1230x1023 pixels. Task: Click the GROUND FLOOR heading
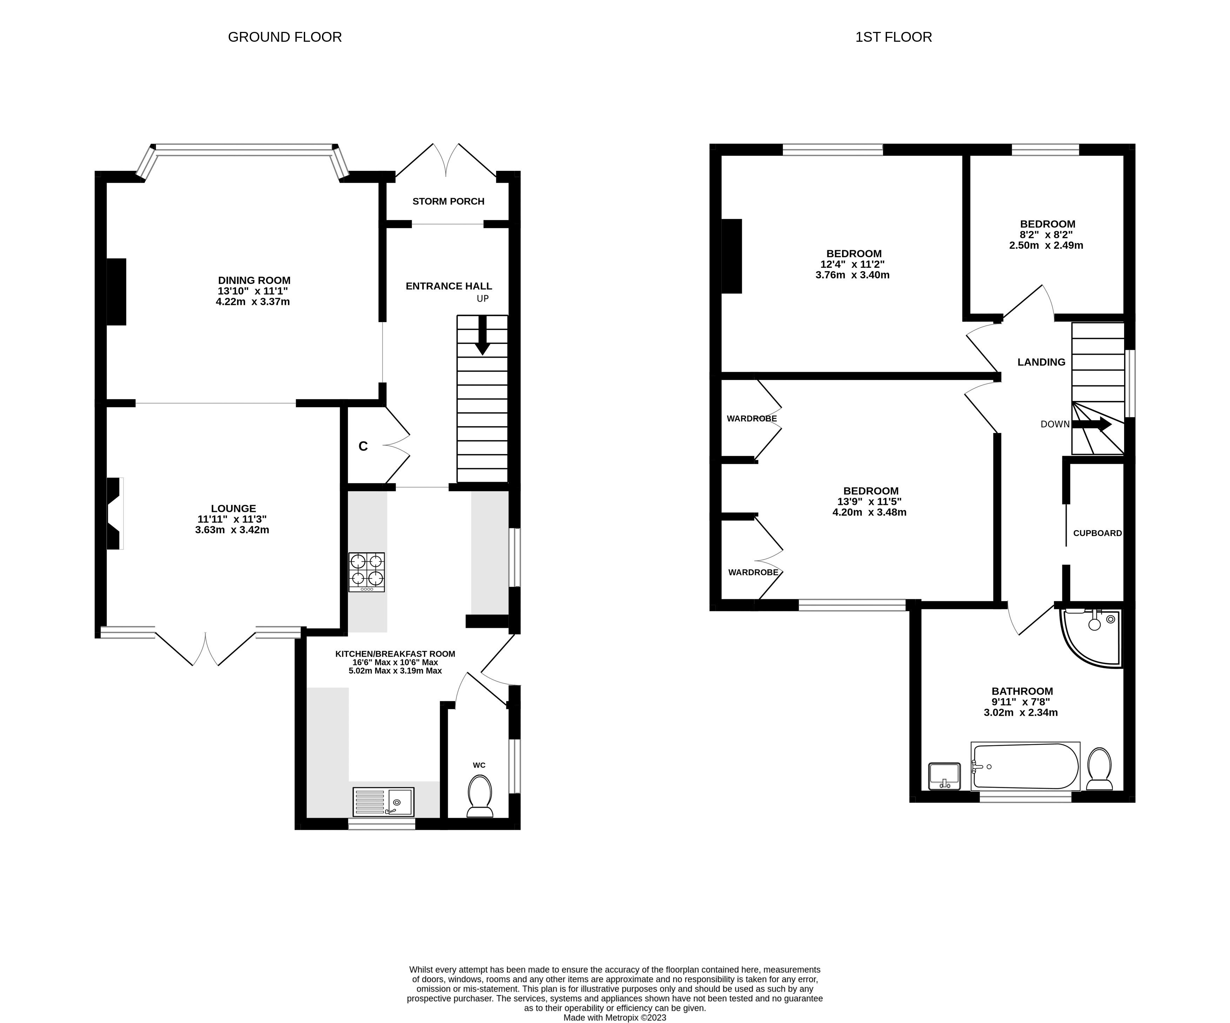coord(285,37)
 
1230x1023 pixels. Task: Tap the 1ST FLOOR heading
coord(893,37)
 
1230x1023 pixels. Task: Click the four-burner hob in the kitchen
coord(367,572)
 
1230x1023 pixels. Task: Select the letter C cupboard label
coord(363,447)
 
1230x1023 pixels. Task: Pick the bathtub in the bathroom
coord(1025,766)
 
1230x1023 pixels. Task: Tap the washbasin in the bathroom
coord(944,776)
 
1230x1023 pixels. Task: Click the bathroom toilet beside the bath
coord(1100,769)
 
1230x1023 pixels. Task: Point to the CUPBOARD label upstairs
coord(1097,533)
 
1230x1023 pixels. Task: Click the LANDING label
coord(1041,362)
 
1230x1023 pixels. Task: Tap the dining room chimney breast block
coord(116,291)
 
